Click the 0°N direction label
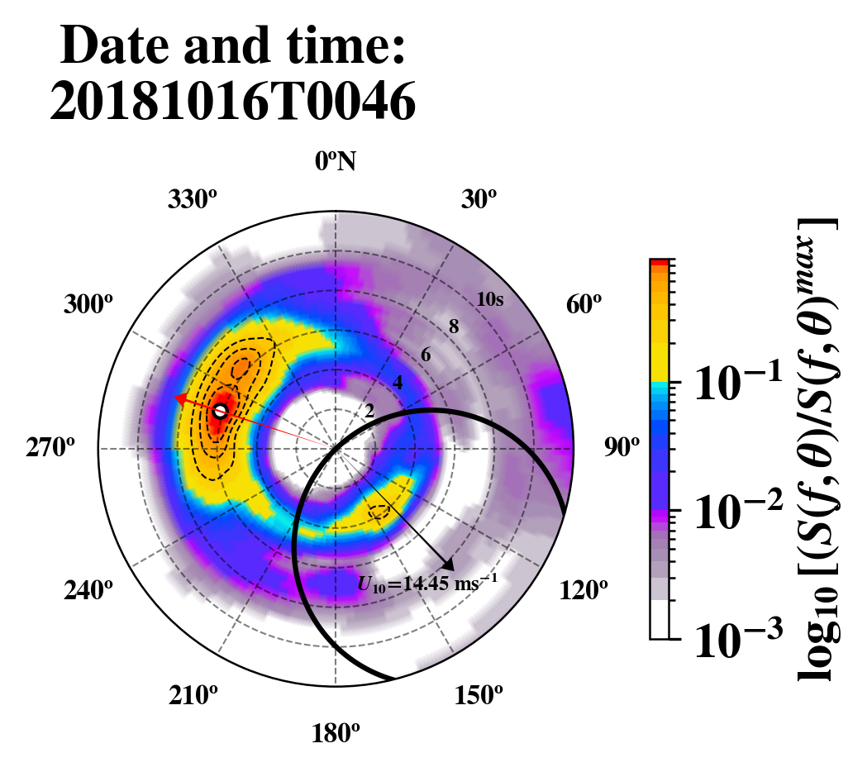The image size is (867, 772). click(x=336, y=161)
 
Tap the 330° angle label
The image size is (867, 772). click(x=193, y=200)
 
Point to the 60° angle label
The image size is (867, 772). click(x=584, y=305)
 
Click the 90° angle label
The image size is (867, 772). click(x=622, y=448)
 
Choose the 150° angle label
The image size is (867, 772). click(x=478, y=696)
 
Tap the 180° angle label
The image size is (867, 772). click(x=336, y=733)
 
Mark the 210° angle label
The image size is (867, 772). click(x=193, y=696)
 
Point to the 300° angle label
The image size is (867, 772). click(x=87, y=305)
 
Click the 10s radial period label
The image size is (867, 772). click(x=490, y=300)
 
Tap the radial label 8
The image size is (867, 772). click(x=453, y=327)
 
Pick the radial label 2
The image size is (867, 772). click(x=369, y=411)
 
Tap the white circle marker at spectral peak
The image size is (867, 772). click(x=220, y=411)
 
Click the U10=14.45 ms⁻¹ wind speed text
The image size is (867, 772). click(x=427, y=584)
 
